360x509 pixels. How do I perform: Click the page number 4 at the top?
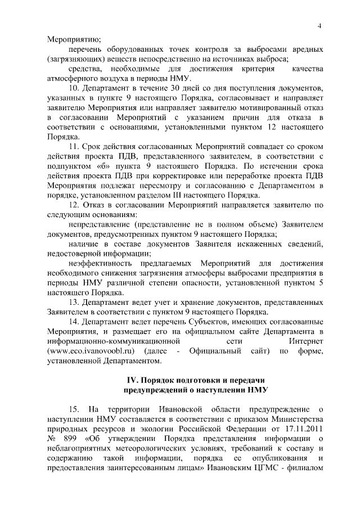pyautogui.click(x=319, y=26)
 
